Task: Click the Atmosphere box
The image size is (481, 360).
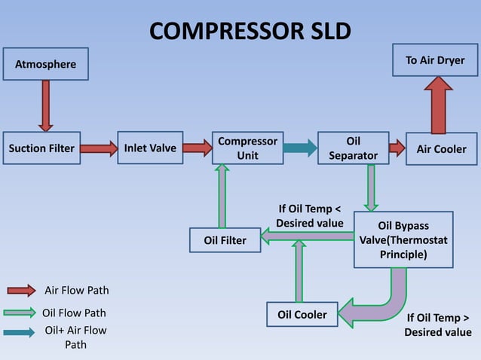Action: pos(45,64)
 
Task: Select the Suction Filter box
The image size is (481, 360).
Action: pos(41,148)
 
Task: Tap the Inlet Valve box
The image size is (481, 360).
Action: pos(149,148)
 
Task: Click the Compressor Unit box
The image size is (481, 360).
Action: pos(247,148)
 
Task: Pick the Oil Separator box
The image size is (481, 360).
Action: pos(353,148)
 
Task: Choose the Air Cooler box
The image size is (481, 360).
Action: pos(441,148)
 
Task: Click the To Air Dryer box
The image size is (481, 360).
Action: pos(435,60)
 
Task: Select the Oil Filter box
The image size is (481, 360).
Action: pos(225,240)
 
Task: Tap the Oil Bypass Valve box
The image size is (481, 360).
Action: pos(403,239)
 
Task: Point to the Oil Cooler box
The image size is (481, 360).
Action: pos(302,314)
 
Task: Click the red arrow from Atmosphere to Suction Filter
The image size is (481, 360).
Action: pos(46,105)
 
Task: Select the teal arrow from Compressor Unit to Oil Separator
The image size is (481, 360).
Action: pos(300,148)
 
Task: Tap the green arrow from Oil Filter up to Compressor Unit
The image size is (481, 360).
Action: pos(222,196)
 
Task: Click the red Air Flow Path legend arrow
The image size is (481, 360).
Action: pos(20,290)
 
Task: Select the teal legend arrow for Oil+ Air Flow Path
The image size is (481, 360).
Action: pos(20,332)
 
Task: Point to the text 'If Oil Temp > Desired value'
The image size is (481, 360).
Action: pos(437,325)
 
